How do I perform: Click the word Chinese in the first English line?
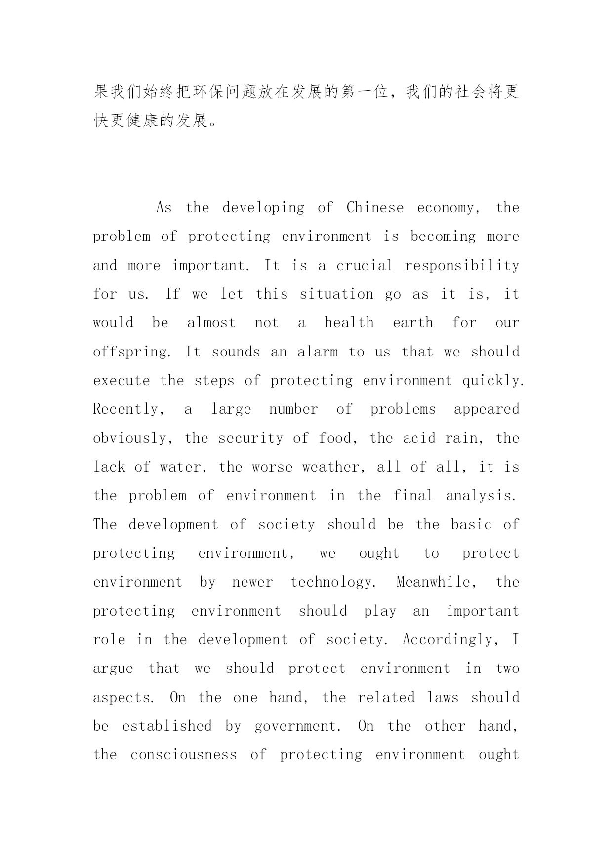point(375,207)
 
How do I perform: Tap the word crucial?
point(365,265)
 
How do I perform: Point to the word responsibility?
point(462,265)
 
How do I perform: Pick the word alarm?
point(318,352)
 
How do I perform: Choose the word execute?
point(121,381)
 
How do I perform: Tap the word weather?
point(334,467)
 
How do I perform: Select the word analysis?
point(481,496)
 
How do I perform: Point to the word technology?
point(332,582)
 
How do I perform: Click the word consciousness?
point(184,755)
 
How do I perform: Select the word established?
point(167,726)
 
